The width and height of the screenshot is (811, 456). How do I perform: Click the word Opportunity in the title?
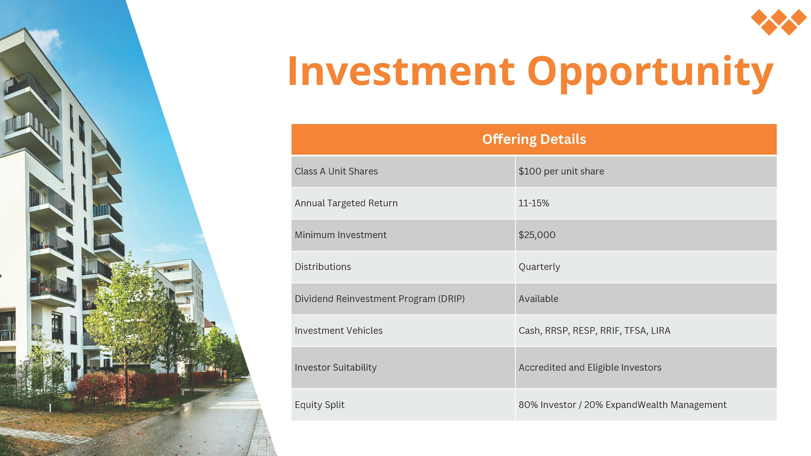click(650, 74)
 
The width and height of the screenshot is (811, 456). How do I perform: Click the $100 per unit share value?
click(561, 171)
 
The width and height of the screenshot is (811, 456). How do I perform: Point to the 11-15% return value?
click(534, 203)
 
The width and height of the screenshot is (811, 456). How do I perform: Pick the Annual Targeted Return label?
click(346, 203)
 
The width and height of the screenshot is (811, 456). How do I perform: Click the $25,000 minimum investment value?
click(537, 235)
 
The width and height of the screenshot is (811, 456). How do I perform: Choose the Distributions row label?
click(323, 267)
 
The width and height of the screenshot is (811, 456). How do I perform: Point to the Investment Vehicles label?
click(338, 330)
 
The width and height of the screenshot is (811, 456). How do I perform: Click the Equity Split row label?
click(320, 405)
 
